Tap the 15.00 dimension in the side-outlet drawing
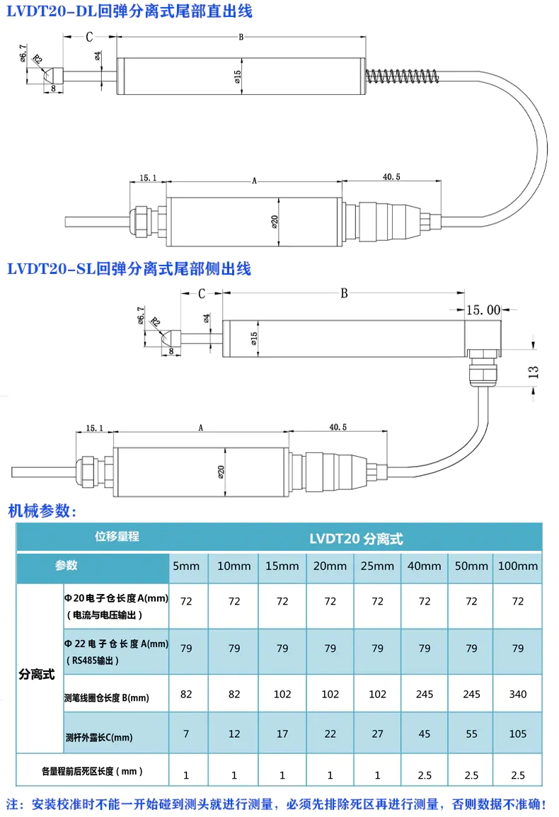click(483, 309)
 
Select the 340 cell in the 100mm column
click(518, 694)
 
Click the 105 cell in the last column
click(518, 734)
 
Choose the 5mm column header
click(186, 566)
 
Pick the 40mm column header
click(425, 566)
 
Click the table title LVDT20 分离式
click(356, 539)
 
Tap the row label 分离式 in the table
click(37, 674)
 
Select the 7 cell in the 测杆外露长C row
click(186, 734)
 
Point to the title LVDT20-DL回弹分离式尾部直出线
click(129, 11)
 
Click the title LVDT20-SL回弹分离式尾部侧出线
click(129, 269)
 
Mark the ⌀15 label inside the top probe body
click(238, 76)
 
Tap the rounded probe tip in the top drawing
click(47, 73)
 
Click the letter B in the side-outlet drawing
click(345, 293)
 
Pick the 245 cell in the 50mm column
click(471, 694)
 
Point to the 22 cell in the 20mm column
click(330, 734)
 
